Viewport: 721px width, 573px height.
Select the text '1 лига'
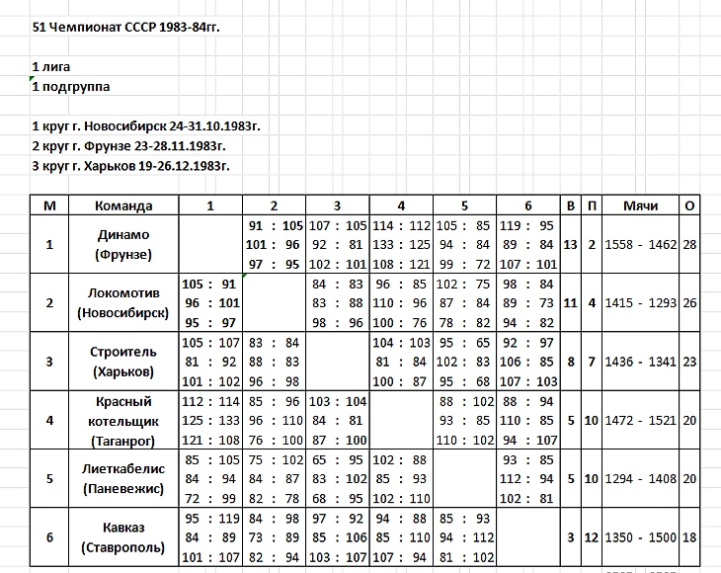coord(53,66)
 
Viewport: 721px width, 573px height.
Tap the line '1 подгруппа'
coord(71,86)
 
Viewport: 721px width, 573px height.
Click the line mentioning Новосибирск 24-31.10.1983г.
coord(146,126)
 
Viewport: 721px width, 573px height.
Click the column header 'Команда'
coord(123,205)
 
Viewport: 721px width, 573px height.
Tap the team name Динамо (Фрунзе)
coord(123,244)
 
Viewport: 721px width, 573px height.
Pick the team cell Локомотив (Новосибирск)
coord(123,303)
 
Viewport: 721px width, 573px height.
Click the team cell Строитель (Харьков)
coord(123,362)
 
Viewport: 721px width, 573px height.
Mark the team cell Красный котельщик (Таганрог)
coord(123,421)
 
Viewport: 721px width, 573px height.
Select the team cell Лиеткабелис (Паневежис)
coord(123,479)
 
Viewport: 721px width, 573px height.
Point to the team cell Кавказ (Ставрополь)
coord(123,537)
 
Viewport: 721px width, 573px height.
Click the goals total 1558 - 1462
coord(641,244)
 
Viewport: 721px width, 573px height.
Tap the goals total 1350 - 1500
coord(641,537)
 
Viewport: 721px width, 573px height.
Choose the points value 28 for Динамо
coord(688,244)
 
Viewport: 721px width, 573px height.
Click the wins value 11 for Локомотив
coord(570,303)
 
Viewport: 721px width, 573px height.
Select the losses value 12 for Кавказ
coord(591,537)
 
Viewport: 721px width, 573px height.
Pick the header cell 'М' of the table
coord(49,205)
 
